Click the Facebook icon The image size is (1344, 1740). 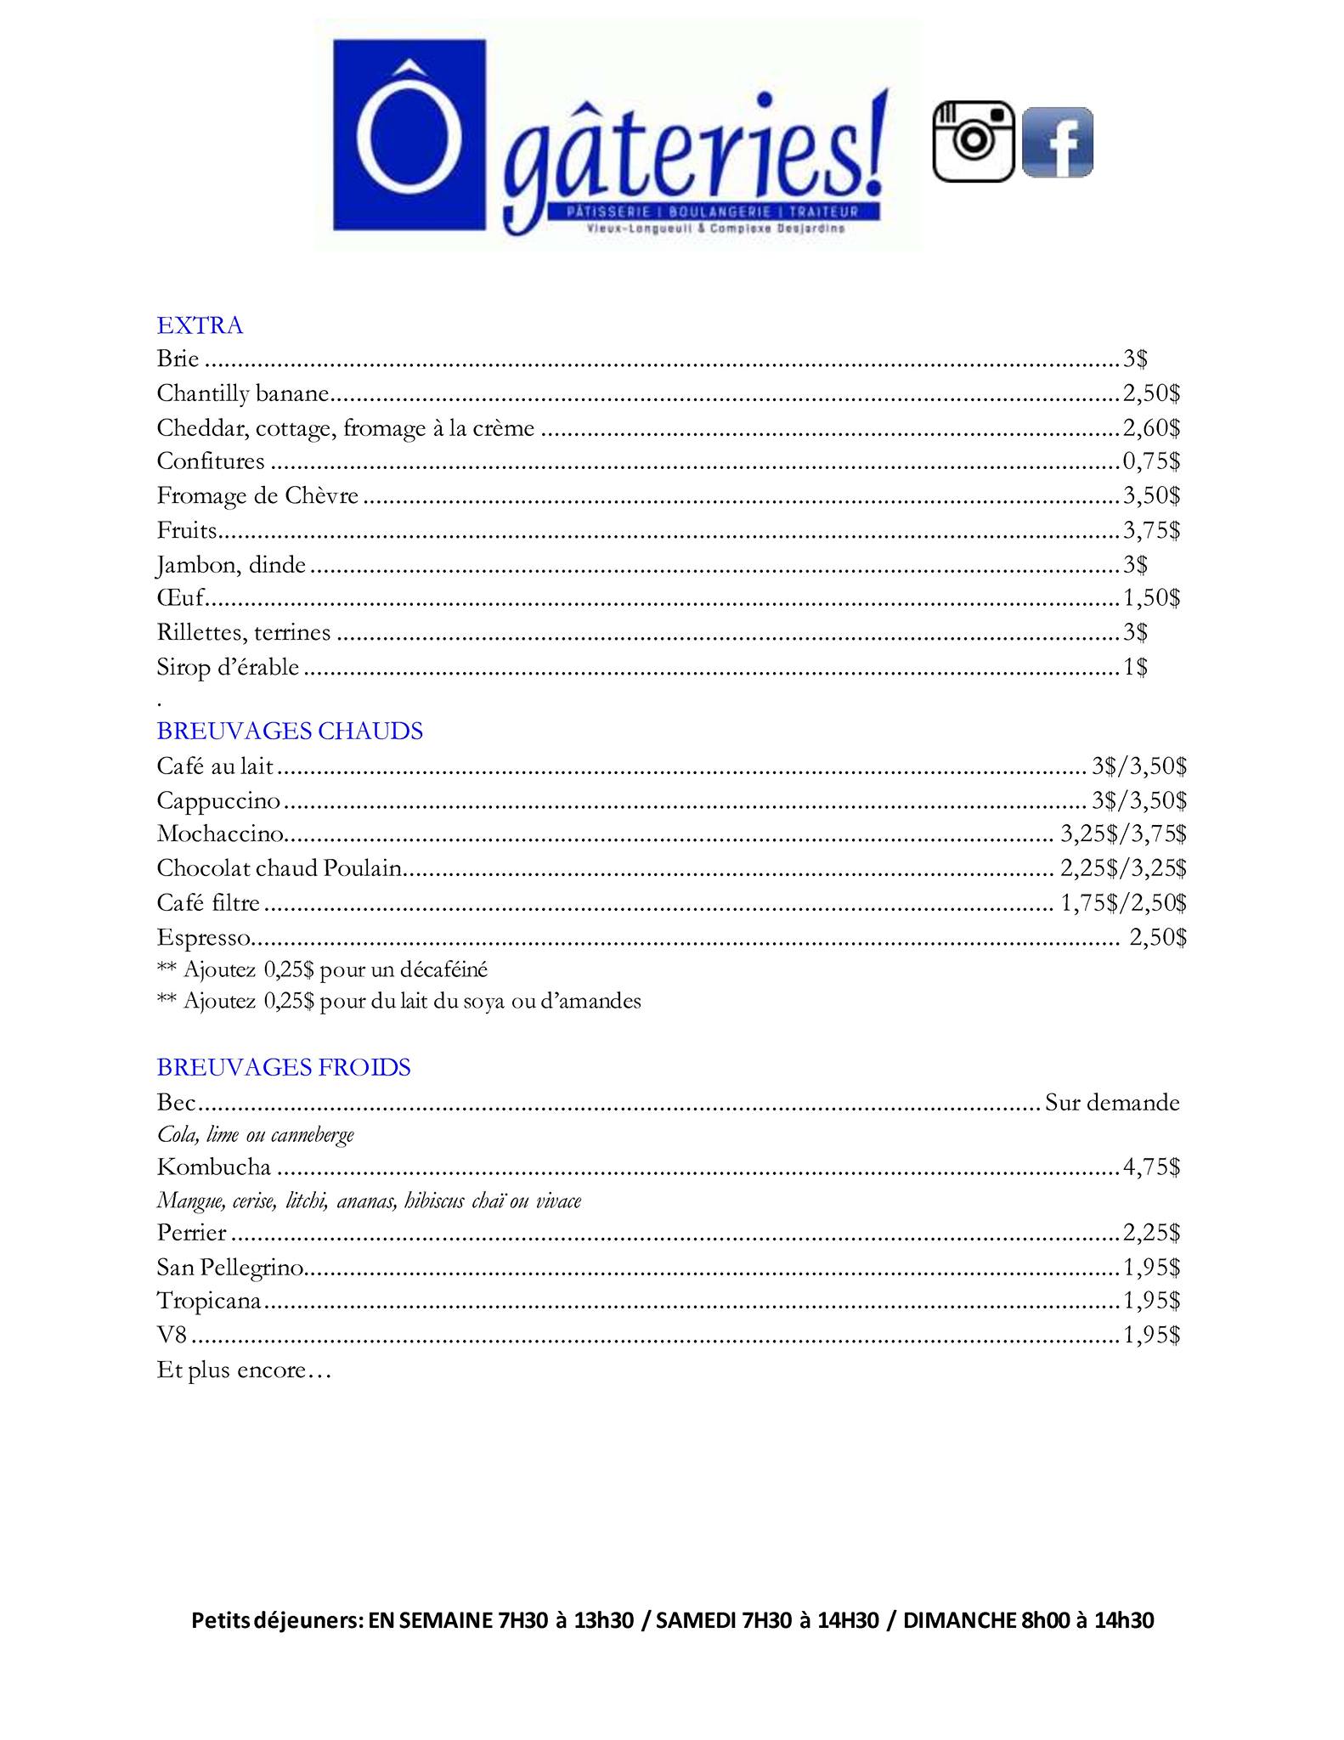click(x=1057, y=142)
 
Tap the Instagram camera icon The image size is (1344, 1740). click(x=974, y=141)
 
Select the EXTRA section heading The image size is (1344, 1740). click(x=200, y=325)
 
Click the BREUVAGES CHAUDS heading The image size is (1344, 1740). click(x=290, y=732)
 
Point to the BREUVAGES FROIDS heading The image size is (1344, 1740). click(x=284, y=1067)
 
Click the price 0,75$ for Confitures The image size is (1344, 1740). click(x=1151, y=461)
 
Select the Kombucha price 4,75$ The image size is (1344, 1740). click(x=1151, y=1167)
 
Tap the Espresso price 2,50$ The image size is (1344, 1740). click(x=1157, y=937)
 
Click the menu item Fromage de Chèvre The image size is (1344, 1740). click(x=257, y=496)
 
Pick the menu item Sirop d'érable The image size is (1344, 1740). click(x=228, y=668)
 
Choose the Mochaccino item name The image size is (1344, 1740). click(x=220, y=834)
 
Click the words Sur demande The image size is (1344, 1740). click(x=1112, y=1103)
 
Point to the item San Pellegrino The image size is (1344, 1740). click(x=230, y=1268)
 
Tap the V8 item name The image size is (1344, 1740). click(x=171, y=1336)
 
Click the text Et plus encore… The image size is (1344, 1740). click(x=243, y=1370)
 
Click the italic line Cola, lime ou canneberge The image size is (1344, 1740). click(x=255, y=1135)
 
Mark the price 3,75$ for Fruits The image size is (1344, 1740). click(x=1151, y=530)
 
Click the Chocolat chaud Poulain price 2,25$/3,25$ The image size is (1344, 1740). click(x=1123, y=868)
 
